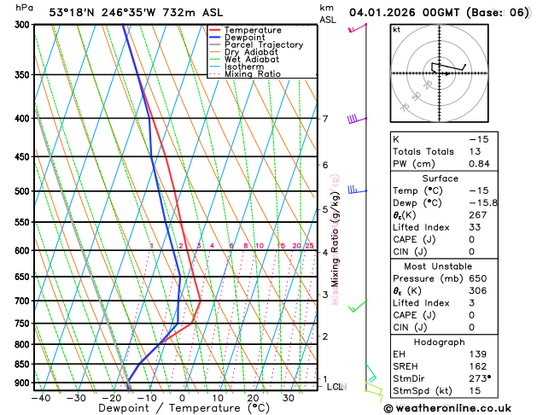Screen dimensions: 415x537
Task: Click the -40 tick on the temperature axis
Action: pos(40,397)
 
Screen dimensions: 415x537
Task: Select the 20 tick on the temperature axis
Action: pos(254,397)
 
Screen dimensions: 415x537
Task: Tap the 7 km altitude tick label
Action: pos(325,119)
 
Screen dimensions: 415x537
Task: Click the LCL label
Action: pos(336,387)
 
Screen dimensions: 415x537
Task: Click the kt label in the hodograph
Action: pos(396,29)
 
